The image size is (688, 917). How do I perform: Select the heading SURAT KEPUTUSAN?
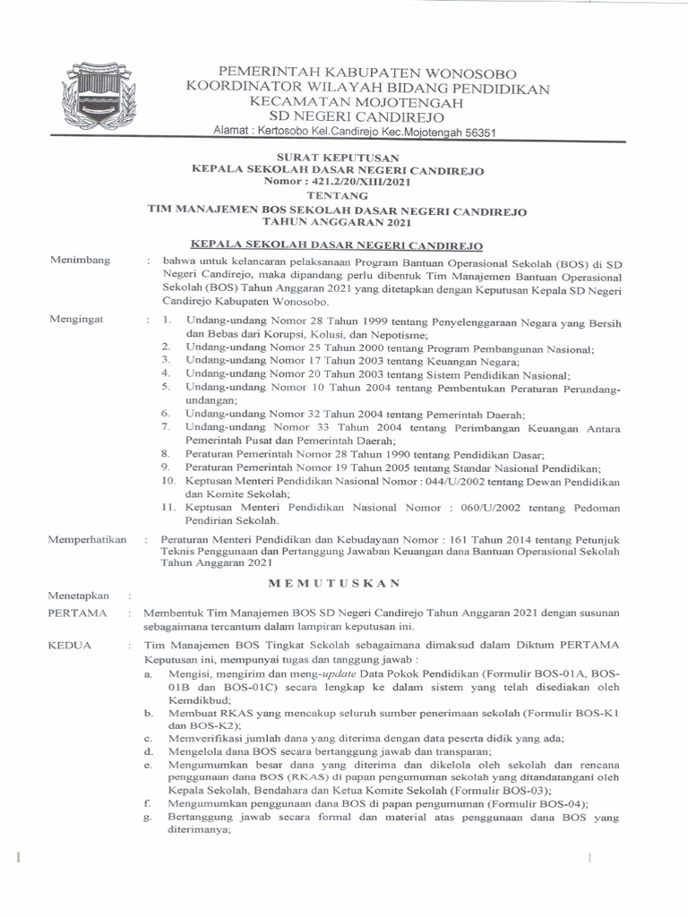tap(338, 157)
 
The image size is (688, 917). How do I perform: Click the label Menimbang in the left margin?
tap(81, 260)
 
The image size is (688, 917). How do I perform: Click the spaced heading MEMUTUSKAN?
tap(338, 583)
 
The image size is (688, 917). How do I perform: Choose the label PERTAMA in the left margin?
tap(76, 613)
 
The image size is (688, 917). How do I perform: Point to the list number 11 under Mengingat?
tap(166, 508)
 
